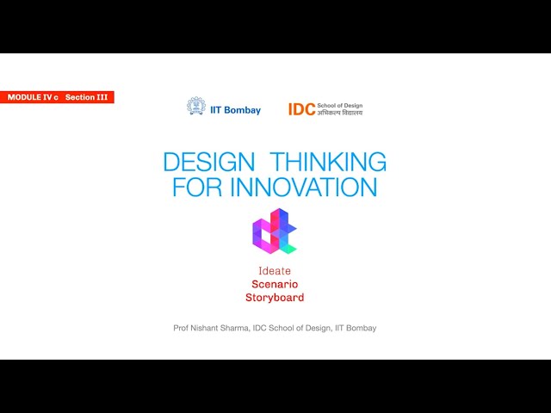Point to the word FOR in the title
195,188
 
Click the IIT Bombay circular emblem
196,107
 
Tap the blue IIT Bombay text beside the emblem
235,110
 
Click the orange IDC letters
301,109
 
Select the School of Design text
340,106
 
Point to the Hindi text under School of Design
340,113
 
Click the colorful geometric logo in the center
274,231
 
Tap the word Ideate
275,271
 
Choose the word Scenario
275,284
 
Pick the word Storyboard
275,298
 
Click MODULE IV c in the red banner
33,97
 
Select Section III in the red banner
87,97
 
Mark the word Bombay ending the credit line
362,328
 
